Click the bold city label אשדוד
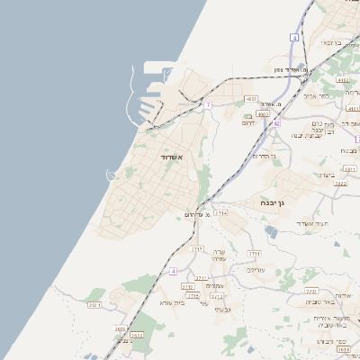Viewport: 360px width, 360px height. [x=172, y=157]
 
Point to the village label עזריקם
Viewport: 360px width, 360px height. [x=256, y=270]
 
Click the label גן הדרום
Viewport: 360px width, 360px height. [x=264, y=156]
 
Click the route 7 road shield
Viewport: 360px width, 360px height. [x=208, y=105]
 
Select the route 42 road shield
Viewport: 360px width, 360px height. [x=276, y=123]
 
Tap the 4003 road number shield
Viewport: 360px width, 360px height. [x=250, y=99]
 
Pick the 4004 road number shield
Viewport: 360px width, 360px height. [x=263, y=114]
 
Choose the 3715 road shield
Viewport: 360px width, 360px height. [x=193, y=295]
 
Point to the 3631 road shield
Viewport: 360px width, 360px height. [x=94, y=305]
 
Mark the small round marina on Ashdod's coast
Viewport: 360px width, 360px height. [x=111, y=175]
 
